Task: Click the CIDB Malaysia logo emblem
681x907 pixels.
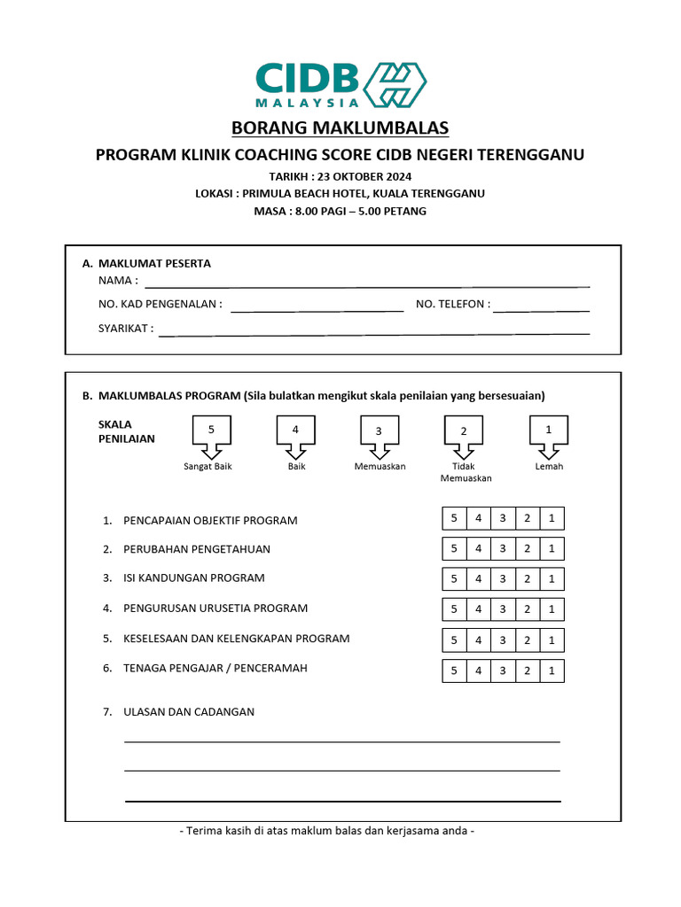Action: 395,85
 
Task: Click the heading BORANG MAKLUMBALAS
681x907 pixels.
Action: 340,128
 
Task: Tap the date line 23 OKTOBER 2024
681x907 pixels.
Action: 340,176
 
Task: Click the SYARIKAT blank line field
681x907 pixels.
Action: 373,329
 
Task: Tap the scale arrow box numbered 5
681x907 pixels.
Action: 211,432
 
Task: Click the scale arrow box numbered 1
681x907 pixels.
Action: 549,432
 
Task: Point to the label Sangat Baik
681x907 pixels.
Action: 207,466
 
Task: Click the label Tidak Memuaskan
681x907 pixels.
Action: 466,472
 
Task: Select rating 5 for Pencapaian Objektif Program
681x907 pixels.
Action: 454,519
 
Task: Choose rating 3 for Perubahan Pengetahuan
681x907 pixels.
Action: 503,549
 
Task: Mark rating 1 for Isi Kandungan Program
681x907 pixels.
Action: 552,579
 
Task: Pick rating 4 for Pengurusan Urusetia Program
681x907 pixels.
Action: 478,609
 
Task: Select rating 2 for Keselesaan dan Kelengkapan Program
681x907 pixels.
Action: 527,640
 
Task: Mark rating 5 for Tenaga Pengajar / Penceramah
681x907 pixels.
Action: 454,671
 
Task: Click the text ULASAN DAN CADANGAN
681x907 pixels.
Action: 189,711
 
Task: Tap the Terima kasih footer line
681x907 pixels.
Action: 327,831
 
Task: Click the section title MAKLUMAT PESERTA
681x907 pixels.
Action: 154,263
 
